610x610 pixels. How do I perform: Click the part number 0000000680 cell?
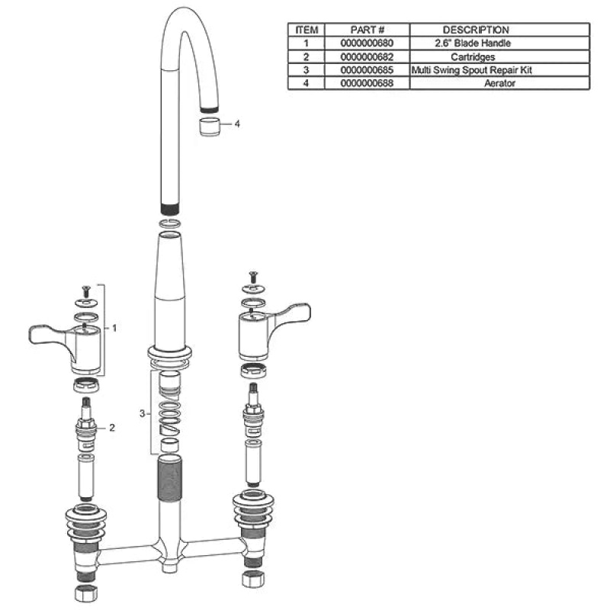click(367, 43)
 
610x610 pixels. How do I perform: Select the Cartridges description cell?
click(473, 56)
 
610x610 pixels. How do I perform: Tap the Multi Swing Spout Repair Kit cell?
click(471, 70)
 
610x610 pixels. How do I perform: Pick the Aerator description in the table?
click(499, 83)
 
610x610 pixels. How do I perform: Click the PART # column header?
click(367, 30)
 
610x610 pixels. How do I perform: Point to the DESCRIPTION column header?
click(475, 30)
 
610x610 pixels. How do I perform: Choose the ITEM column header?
click(307, 30)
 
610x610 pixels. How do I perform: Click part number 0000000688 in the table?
click(367, 83)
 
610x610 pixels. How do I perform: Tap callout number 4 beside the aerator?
click(237, 124)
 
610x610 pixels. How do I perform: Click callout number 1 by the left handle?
click(114, 329)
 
